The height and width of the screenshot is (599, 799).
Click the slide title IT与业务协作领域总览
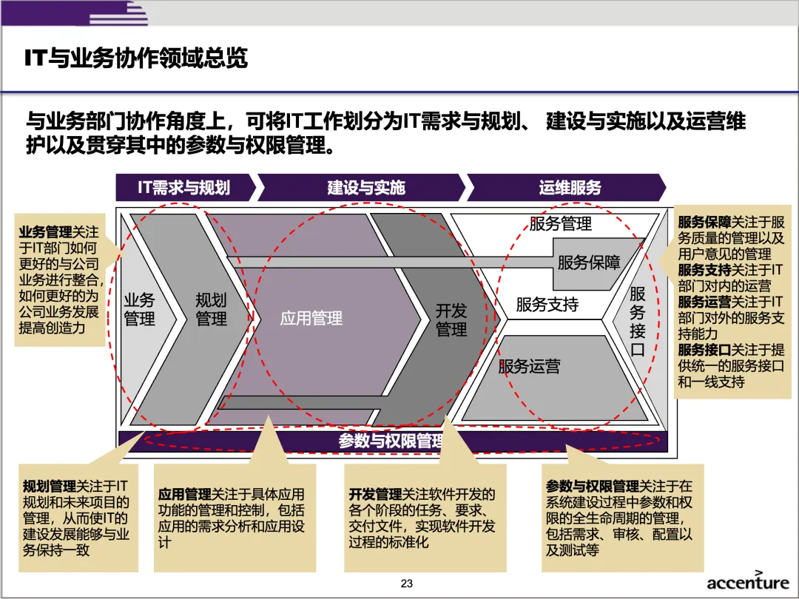coord(136,58)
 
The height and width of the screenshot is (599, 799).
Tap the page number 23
coord(406,583)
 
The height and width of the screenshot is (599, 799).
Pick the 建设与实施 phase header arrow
coord(366,188)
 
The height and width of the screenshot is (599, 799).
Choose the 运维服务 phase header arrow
coord(570,188)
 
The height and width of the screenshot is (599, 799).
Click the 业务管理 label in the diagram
coord(139,309)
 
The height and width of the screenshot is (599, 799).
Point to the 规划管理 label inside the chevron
coord(211,309)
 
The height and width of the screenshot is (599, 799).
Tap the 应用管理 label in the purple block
coord(311,319)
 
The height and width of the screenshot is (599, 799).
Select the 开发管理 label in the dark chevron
coord(451,319)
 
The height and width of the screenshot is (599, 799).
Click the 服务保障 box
coord(589,262)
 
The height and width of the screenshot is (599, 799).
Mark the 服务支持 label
coord(547,304)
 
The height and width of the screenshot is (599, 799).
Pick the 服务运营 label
coord(529,366)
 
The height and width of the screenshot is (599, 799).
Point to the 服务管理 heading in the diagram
coord(560,223)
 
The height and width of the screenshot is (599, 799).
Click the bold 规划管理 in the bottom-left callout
coord(50,486)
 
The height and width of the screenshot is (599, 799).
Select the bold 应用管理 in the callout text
coord(185,494)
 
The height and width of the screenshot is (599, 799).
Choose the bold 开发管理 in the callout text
coord(375,494)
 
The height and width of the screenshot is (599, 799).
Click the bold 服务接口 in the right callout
coord(704,349)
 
